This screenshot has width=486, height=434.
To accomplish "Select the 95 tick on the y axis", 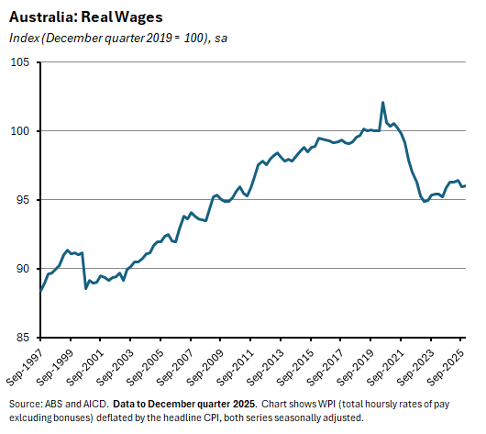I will (x=23, y=200).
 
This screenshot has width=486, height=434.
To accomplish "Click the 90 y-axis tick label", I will (x=23, y=269).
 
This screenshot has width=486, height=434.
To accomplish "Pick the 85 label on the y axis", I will (x=23, y=338).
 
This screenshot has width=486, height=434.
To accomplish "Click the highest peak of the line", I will (x=382, y=102).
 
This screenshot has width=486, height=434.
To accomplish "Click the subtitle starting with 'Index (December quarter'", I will (x=118, y=38).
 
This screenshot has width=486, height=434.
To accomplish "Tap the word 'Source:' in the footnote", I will (x=25, y=404).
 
